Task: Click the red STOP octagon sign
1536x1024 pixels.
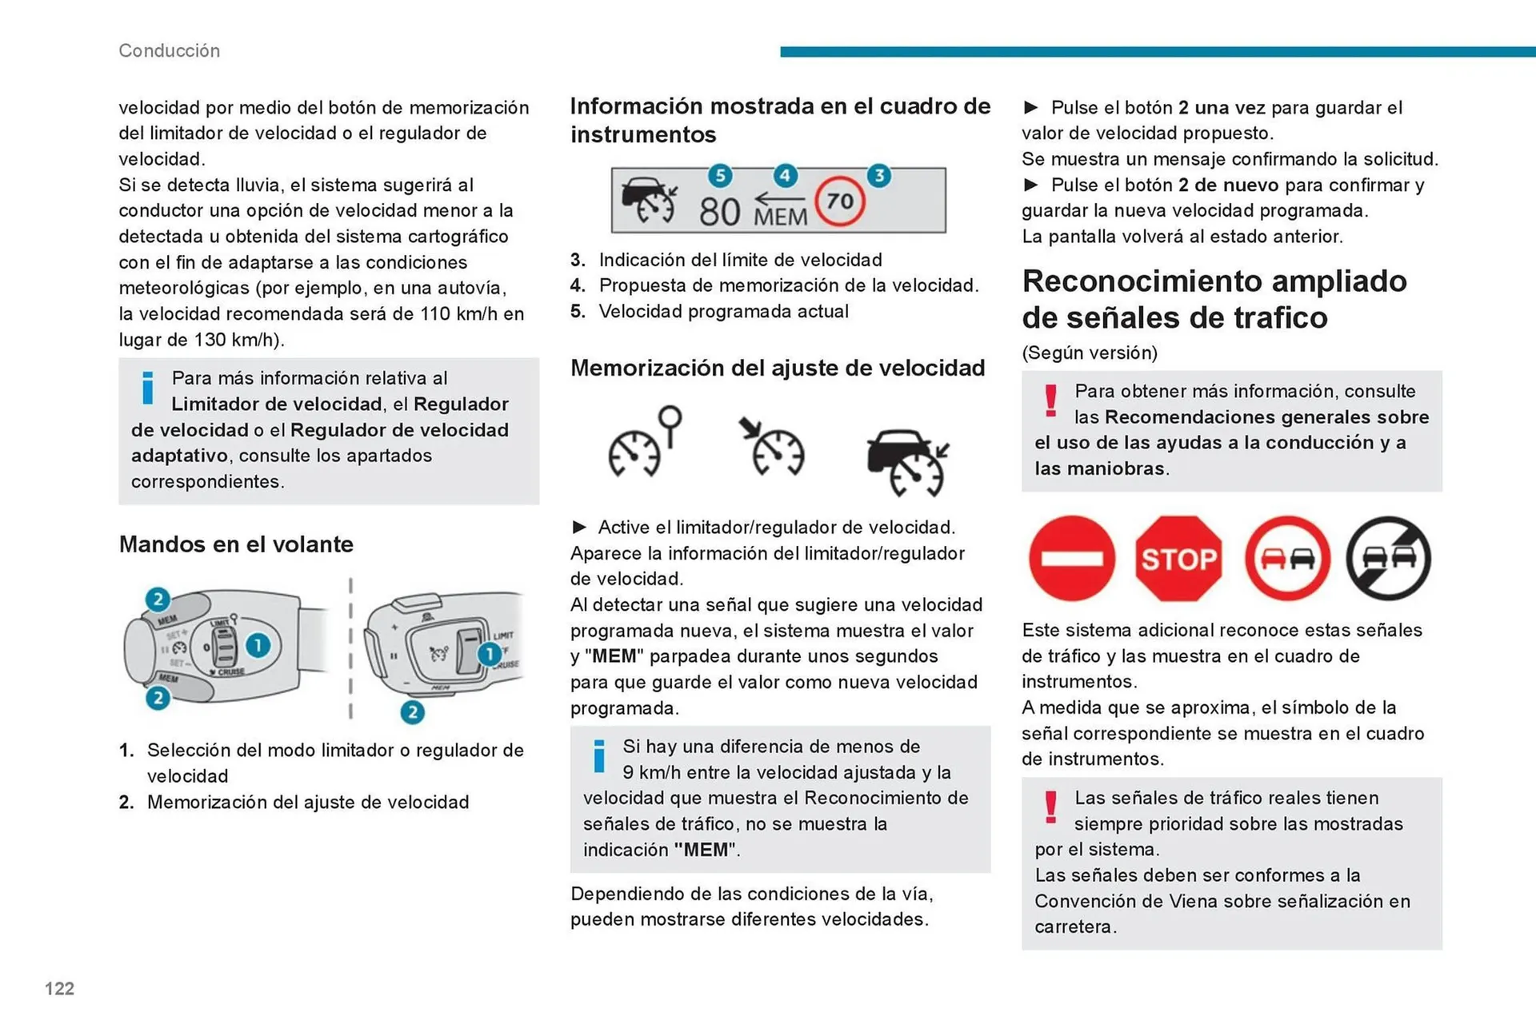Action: (x=1178, y=558)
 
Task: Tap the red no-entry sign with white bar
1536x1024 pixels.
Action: (x=1072, y=558)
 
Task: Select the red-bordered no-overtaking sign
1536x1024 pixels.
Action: (x=1286, y=558)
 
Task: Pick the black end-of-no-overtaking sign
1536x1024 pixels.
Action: (x=1389, y=558)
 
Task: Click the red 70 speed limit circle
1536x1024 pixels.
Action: (x=839, y=201)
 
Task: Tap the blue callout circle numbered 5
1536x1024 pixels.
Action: (x=720, y=176)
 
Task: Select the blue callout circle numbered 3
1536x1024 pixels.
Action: (x=879, y=176)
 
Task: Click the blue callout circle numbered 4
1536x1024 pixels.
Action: (x=786, y=176)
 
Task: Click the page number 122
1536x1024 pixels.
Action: (x=59, y=989)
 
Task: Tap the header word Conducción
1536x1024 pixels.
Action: (x=169, y=50)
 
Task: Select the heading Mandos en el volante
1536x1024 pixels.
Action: (x=236, y=544)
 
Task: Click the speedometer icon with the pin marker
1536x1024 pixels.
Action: (x=644, y=444)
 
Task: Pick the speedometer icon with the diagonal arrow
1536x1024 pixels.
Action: (x=772, y=448)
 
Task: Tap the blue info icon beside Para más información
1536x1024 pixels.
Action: (x=147, y=388)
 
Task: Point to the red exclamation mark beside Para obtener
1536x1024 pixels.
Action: (x=1050, y=400)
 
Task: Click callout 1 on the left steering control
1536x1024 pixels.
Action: (x=258, y=645)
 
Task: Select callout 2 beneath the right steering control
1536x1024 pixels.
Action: (x=412, y=712)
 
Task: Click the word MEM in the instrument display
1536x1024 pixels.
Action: (x=780, y=217)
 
